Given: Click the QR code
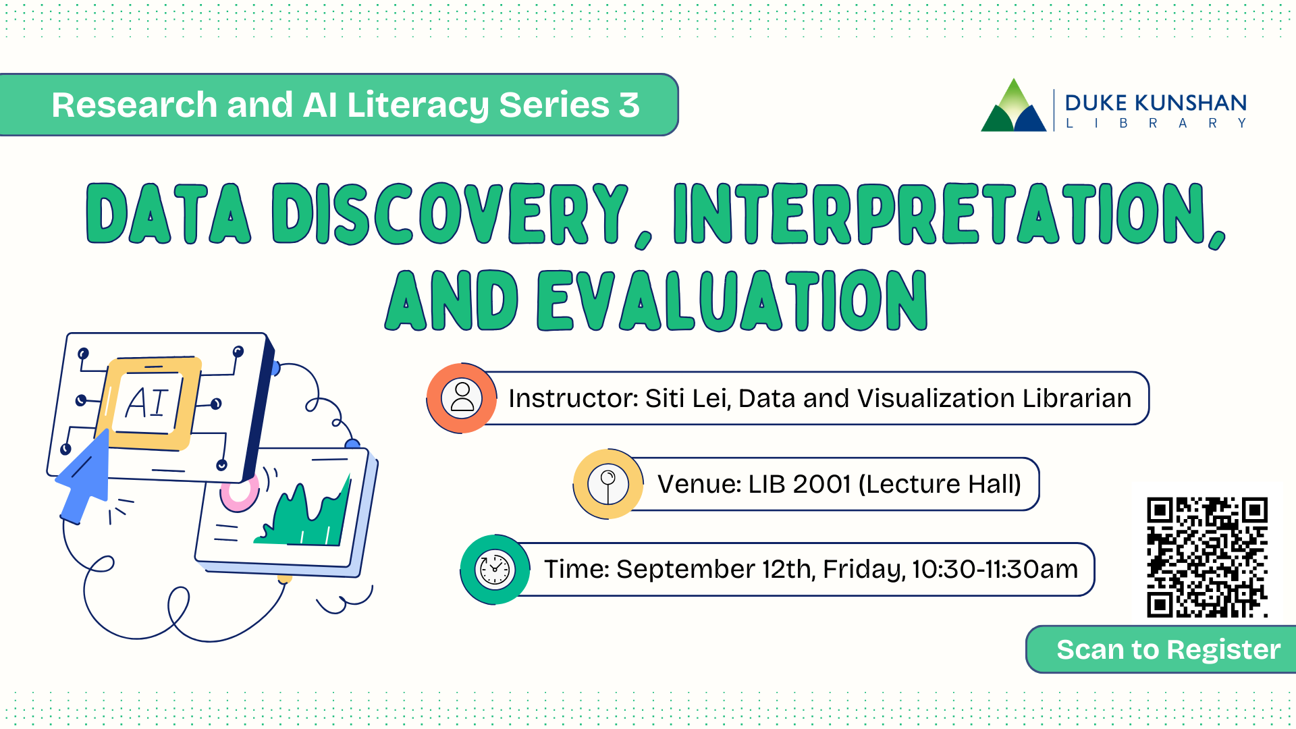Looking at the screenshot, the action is (x=1207, y=558).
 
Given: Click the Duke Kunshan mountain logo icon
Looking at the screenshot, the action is (x=1013, y=105).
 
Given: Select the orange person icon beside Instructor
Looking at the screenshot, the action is (x=462, y=398).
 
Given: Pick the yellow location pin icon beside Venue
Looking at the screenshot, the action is (x=608, y=484).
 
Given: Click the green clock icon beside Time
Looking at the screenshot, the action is (x=495, y=570).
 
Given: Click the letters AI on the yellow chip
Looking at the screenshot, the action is (x=146, y=403).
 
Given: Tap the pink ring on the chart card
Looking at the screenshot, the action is (x=239, y=493).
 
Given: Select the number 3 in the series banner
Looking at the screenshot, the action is (x=629, y=105).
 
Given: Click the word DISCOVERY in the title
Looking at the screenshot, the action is (x=451, y=213).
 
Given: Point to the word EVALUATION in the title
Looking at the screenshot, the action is (x=732, y=300).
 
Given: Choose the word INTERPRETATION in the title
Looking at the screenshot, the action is (x=940, y=213).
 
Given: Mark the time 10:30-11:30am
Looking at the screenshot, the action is (x=995, y=570).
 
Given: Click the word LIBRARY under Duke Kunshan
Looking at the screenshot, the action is (x=1156, y=124).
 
